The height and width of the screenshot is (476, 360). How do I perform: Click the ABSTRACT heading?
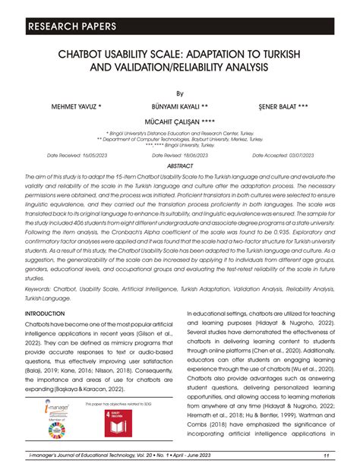point(180,165)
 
